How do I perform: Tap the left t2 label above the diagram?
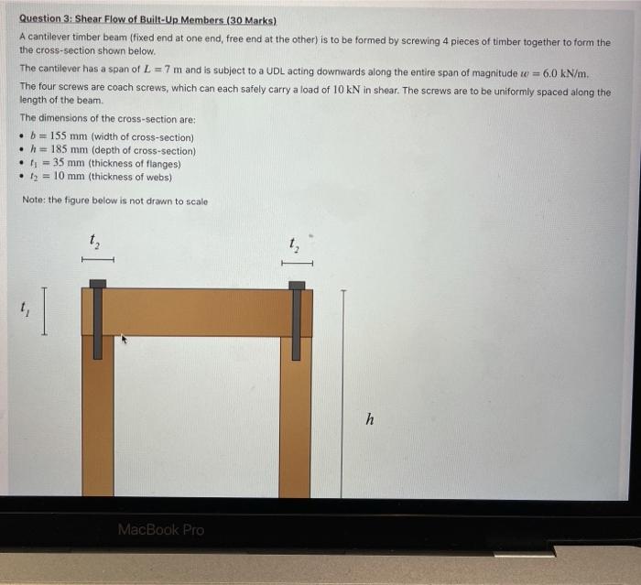94,242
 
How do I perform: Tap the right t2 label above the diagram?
294,243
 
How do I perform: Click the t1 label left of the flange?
25,310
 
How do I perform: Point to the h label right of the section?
369,419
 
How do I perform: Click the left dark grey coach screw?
98,319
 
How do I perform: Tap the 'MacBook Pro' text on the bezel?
160,529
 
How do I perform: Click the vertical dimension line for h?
342,394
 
